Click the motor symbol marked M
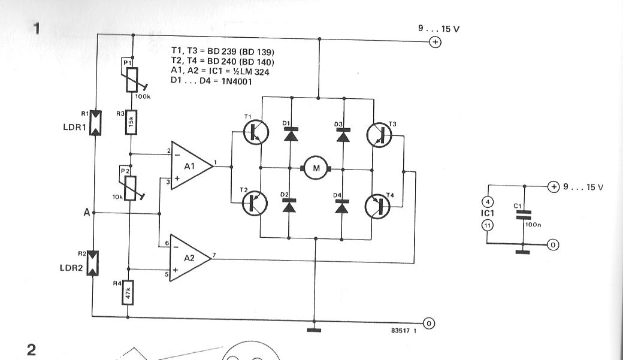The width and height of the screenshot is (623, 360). coord(316,168)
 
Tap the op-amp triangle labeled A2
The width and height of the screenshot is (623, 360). coord(190,258)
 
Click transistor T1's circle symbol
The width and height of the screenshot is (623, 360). coord(255,132)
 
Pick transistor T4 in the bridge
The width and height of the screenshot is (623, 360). coord(378,206)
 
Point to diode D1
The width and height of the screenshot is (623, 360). coord(291,135)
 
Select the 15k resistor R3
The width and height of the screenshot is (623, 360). coord(131,122)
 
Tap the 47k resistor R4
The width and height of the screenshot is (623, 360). coord(128,292)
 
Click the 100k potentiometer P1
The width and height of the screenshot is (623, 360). coord(132,80)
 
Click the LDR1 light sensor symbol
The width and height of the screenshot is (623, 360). coord(95,123)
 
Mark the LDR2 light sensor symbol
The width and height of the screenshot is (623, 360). coord(93,263)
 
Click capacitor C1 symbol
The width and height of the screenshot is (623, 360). coord(524,215)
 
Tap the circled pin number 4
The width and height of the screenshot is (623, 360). coord(488,201)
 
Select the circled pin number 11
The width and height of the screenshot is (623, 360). coord(487,226)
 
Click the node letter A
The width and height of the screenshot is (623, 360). coord(87,213)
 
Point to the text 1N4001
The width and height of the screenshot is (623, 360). coord(237,81)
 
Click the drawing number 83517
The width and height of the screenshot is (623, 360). coord(401,331)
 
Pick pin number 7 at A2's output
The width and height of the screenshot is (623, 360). coord(214,255)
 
